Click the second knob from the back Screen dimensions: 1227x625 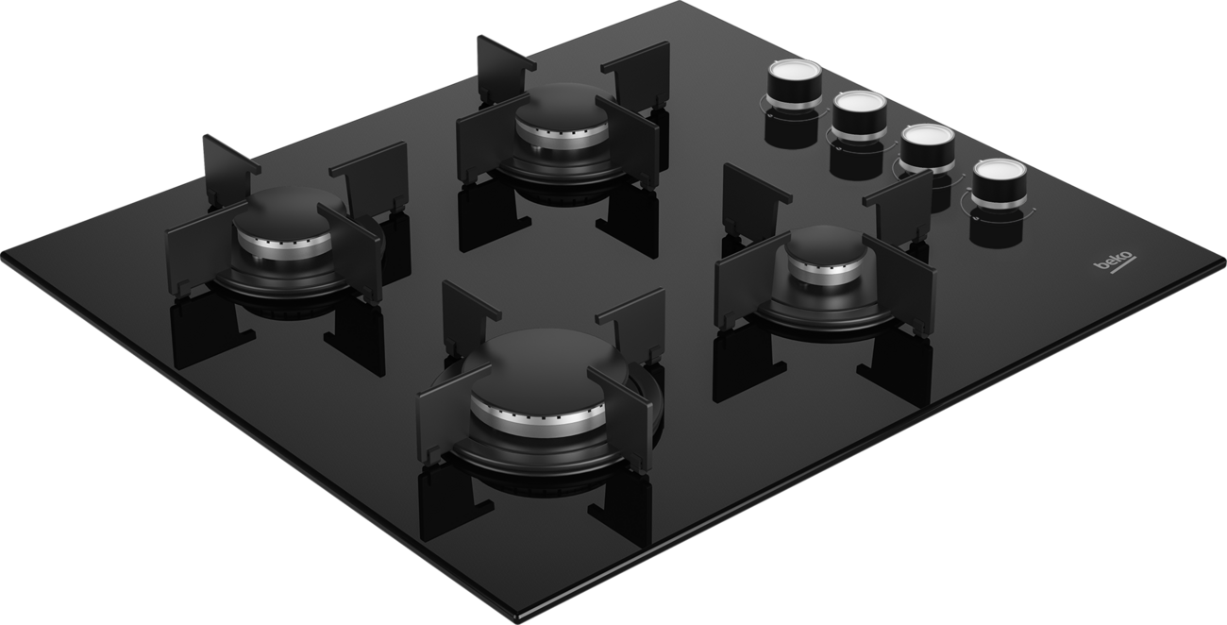[859, 116]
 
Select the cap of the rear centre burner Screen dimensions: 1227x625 [561, 110]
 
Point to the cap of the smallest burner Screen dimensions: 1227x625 [826, 246]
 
